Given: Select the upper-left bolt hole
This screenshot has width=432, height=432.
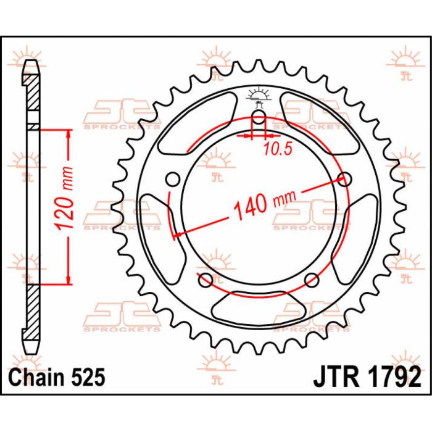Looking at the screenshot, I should tap(174, 179).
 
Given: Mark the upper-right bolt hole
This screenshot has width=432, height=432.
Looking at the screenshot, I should tap(344, 179).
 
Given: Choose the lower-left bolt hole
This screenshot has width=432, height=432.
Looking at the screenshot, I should tap(204, 278).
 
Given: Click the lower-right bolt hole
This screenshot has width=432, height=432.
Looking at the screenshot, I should tap(312, 278).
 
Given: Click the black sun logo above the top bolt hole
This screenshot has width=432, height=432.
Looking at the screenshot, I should tap(259, 95).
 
